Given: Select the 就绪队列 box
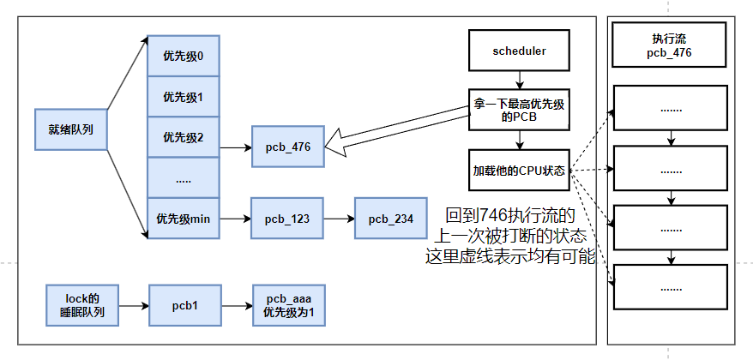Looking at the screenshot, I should (70, 129).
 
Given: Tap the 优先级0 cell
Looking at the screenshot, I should (184, 57).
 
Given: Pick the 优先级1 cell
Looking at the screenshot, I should (184, 97).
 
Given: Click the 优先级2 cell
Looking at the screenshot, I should (184, 137).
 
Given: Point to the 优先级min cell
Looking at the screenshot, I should (184, 219).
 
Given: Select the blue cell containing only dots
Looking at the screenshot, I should (184, 177).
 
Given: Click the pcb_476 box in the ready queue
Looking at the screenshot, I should (287, 147).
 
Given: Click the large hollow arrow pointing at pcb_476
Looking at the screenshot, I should (395, 130).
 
